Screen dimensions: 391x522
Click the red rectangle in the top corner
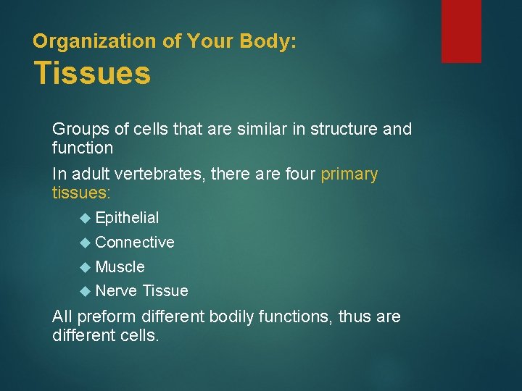pos(461,30)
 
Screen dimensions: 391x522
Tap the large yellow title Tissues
pos(92,74)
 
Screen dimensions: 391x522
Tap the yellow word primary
pos(349,175)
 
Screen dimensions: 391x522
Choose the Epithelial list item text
pos(127,218)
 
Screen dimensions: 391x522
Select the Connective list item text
pos(135,243)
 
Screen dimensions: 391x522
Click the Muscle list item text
pos(120,267)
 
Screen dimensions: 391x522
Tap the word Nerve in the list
pos(117,291)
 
